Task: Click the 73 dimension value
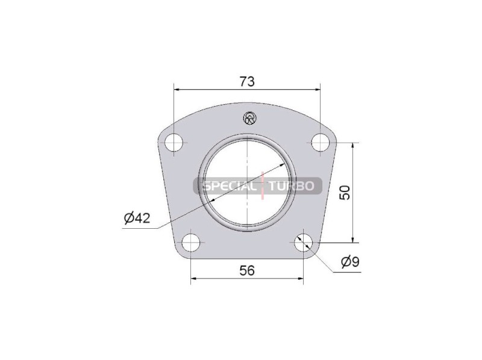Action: [247, 81]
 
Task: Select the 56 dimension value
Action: [247, 271]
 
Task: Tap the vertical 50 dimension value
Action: [345, 193]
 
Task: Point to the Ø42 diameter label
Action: [137, 218]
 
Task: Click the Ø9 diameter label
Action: [351, 262]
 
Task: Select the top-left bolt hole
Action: [174, 143]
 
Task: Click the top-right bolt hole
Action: [321, 143]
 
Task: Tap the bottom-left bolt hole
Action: [191, 243]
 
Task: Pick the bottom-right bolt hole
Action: [303, 243]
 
